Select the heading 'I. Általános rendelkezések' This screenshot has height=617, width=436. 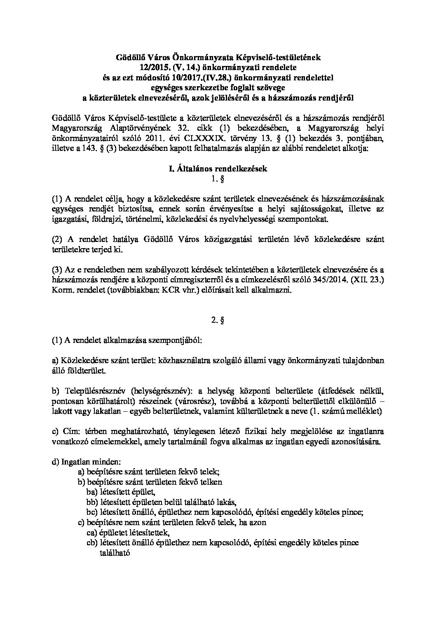[218, 169]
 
